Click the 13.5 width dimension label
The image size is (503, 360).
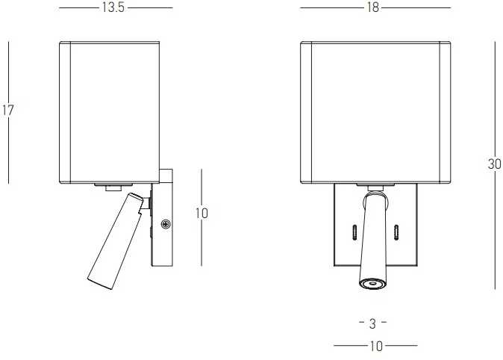[113, 7]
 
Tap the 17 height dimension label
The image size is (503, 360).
[8, 110]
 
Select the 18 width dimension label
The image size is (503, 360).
[372, 7]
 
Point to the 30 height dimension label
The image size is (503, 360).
[494, 164]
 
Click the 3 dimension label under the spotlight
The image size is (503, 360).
[372, 323]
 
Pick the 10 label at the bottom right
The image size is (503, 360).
[376, 347]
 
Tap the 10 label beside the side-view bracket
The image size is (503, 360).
[201, 214]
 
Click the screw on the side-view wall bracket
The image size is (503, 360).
[166, 224]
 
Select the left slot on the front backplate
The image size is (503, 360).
[354, 232]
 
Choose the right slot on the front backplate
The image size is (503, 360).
[396, 232]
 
